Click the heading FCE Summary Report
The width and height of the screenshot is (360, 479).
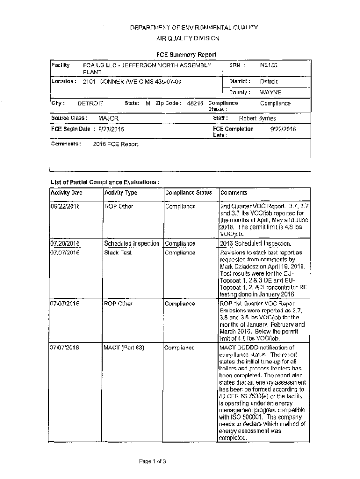(186, 54)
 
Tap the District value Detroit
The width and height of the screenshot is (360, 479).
(269, 81)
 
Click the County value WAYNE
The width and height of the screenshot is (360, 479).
(271, 92)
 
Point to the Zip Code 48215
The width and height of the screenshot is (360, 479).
(195, 103)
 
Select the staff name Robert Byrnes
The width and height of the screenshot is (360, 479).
(257, 119)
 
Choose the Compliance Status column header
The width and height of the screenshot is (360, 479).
(188, 193)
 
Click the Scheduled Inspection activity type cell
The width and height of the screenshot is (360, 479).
(132, 243)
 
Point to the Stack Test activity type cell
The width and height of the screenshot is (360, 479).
(118, 253)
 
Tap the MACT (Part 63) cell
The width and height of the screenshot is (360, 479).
(124, 348)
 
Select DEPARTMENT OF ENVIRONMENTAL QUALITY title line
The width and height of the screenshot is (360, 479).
(194, 28)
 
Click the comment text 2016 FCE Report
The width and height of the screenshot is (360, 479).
(115, 145)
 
